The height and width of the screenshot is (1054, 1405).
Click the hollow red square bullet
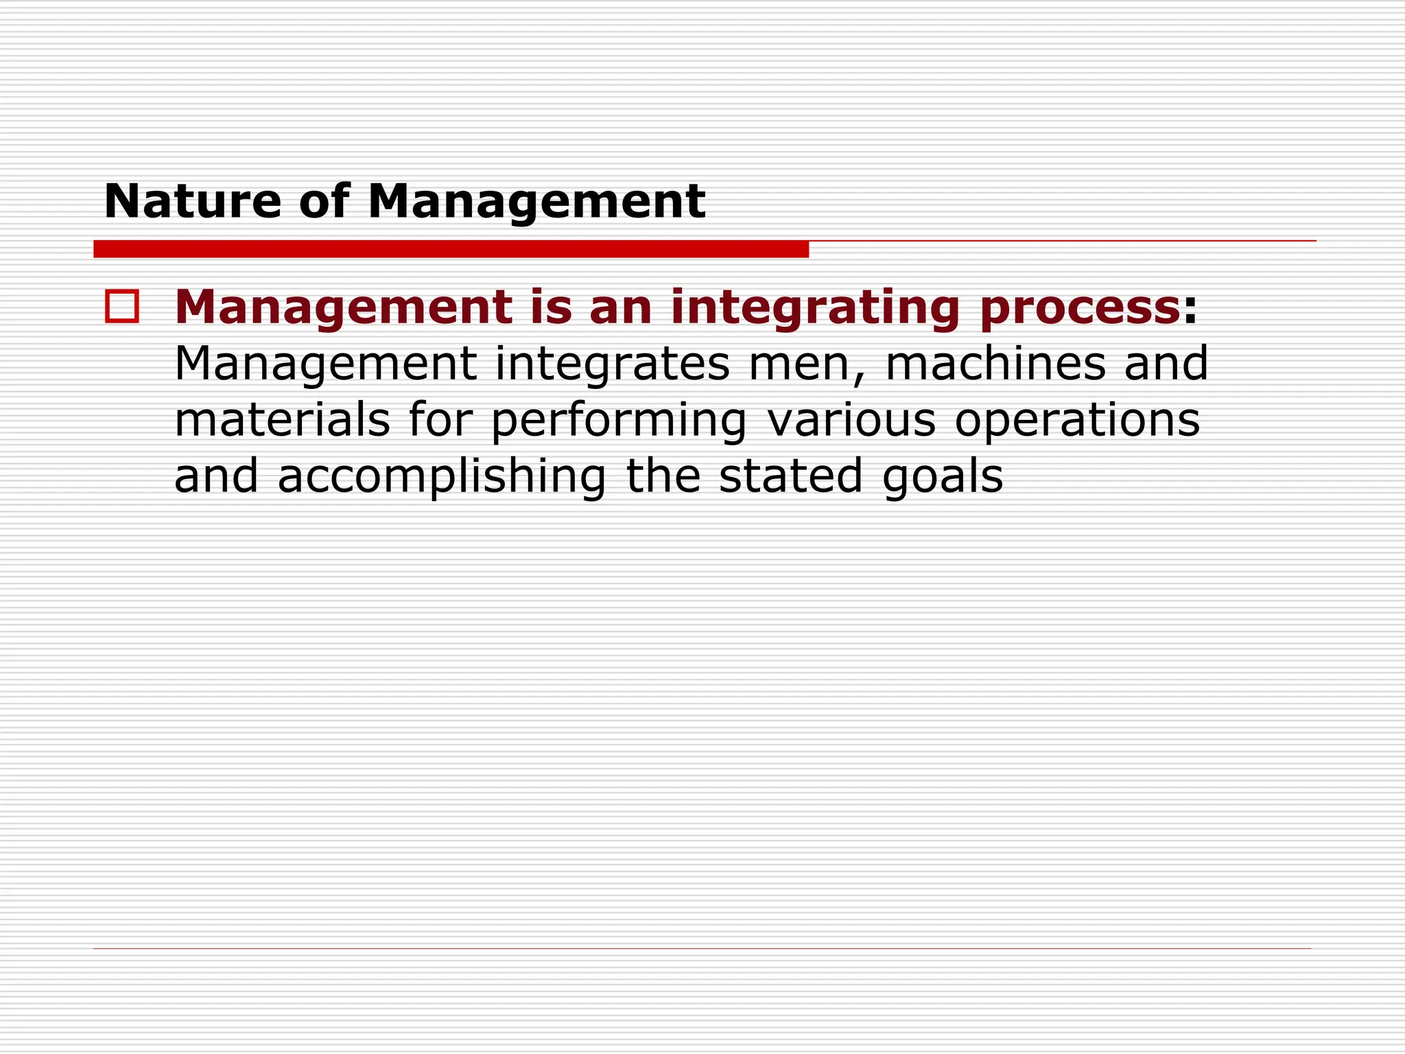[x=122, y=306]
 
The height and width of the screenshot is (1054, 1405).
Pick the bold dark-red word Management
[x=344, y=308]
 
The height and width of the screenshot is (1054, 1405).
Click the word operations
[x=1077, y=421]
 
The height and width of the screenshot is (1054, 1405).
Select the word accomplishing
[x=442, y=477]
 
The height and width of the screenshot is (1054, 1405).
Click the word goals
[x=943, y=477]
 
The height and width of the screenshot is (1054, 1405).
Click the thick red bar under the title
[x=451, y=249]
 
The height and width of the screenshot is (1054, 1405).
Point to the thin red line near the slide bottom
[x=702, y=948]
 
